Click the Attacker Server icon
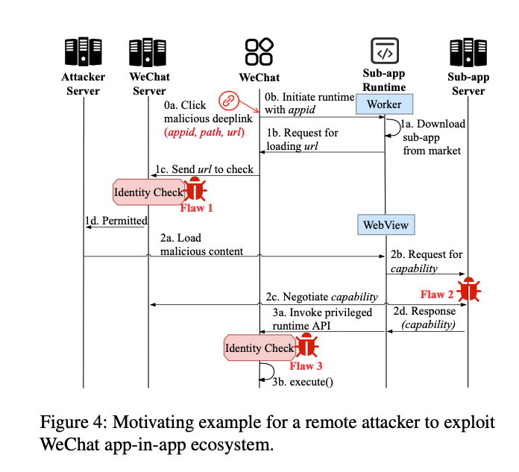pyautogui.click(x=83, y=53)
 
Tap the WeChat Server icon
pyautogui.click(x=148, y=53)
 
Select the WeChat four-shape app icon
pyautogui.click(x=259, y=53)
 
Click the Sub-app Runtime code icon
pyautogui.click(x=385, y=53)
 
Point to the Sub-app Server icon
pyautogui.click(x=468, y=53)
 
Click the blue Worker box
pyautogui.click(x=384, y=104)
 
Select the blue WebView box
pyautogui.click(x=385, y=224)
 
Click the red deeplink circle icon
pyautogui.click(x=229, y=101)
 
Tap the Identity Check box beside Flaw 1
pyautogui.click(x=148, y=192)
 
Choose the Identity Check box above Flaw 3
pyautogui.click(x=259, y=348)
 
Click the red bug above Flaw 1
pyautogui.click(x=196, y=189)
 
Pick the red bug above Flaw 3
pyautogui.click(x=306, y=347)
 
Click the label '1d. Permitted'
pyautogui.click(x=116, y=221)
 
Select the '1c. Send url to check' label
pyautogui.click(x=204, y=169)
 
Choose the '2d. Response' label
pyautogui.click(x=424, y=311)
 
